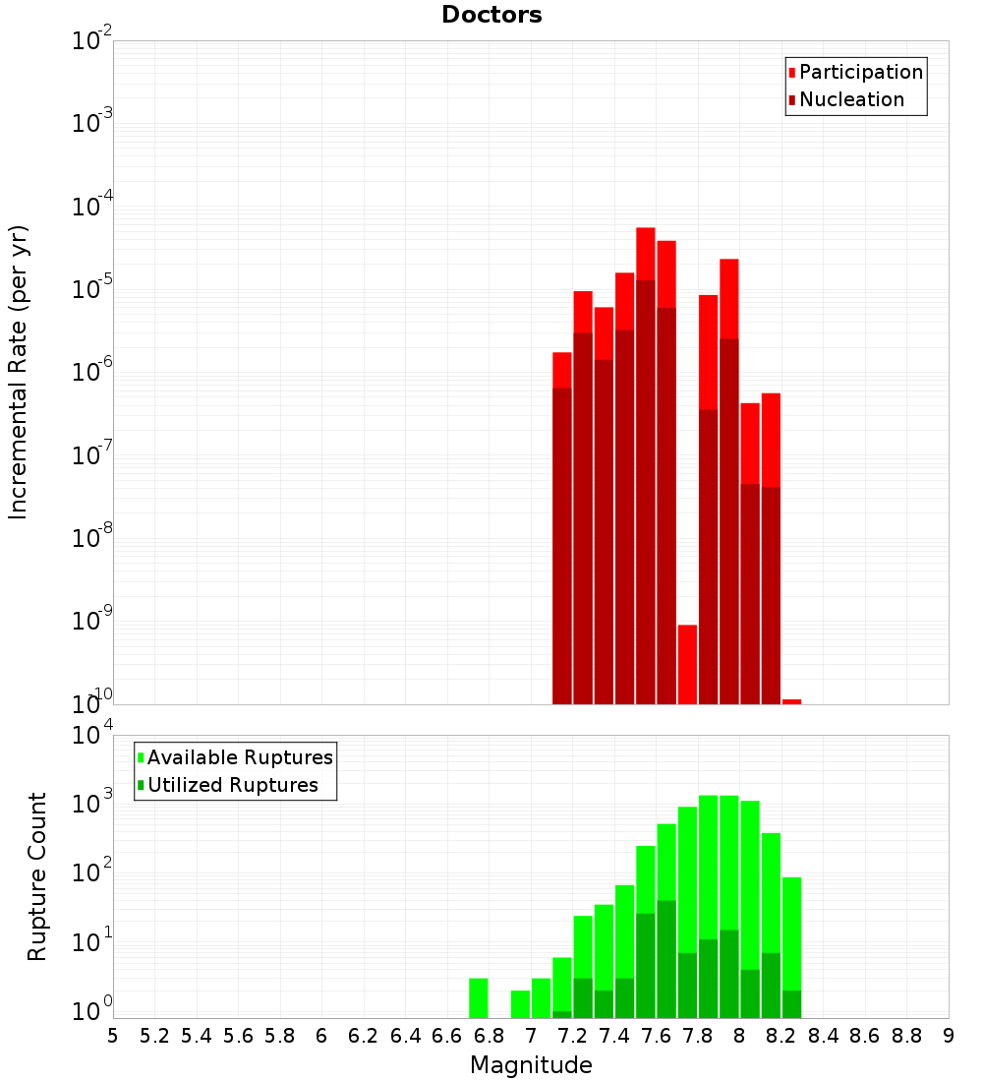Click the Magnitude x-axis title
531,1065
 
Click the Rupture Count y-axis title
37,875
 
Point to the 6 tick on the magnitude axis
321,1036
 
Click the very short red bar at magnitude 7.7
687,664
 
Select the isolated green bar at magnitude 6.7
479,997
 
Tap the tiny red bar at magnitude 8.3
791,701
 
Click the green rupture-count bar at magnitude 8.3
791,934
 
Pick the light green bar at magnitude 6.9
520,1004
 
